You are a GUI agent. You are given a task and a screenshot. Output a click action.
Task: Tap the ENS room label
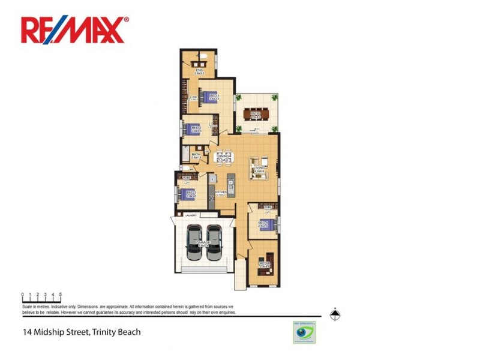200,71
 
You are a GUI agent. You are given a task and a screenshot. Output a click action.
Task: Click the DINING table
226,157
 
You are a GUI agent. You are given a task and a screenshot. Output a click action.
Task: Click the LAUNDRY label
191,215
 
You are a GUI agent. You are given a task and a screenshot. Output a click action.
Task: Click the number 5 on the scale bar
61,295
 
